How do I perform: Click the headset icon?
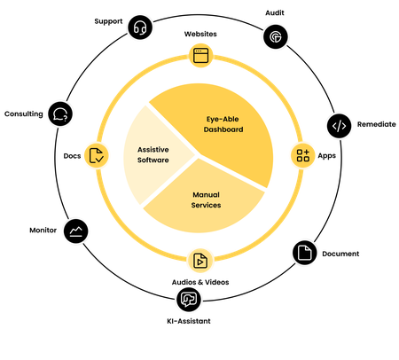tap(139, 28)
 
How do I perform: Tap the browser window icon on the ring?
tap(199, 55)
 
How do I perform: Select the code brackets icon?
tap(339, 126)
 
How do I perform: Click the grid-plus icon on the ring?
tap(303, 156)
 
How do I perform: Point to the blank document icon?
tap(304, 253)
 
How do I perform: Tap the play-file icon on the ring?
tap(200, 261)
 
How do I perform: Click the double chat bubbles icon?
tap(188, 299)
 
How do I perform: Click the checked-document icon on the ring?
tap(96, 156)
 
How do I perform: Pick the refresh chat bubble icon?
tap(59, 114)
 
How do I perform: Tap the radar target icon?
tap(274, 36)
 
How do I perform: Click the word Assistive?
tap(153, 150)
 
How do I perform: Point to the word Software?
tap(153, 161)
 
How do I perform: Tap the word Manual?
tap(206, 193)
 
